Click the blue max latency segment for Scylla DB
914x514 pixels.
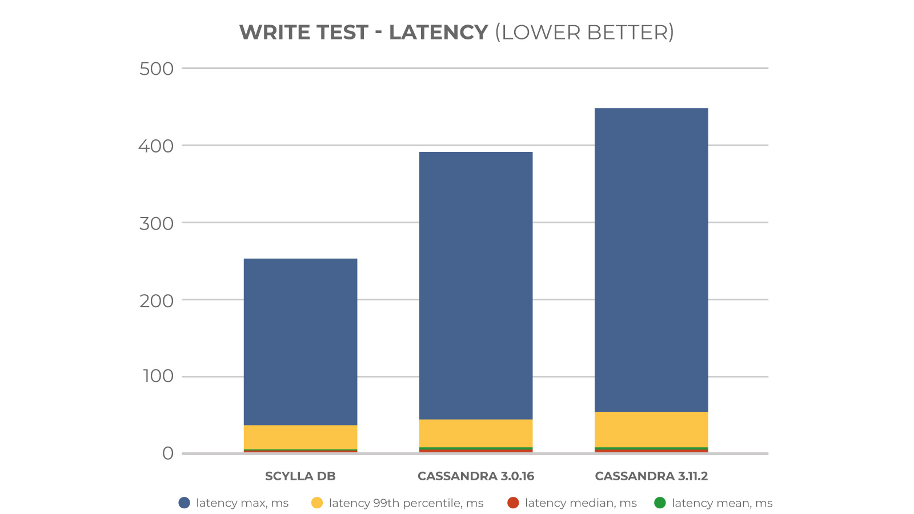coord(300,342)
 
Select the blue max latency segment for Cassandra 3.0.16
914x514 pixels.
coord(476,286)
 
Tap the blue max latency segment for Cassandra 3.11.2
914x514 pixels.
coord(651,260)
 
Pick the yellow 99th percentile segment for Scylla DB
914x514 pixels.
coord(300,437)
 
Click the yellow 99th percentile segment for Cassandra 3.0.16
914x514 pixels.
coord(476,433)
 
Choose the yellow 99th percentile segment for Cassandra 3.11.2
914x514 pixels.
coord(651,429)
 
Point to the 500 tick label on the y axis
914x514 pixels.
coord(157,69)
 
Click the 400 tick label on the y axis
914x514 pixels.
coord(156,146)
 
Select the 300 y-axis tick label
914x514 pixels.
coord(157,223)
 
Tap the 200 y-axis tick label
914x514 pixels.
coord(157,300)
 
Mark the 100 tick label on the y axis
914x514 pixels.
coord(158,376)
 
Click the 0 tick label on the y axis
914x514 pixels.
coord(167,453)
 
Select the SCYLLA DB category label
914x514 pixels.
coord(300,476)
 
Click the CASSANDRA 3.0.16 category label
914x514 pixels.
coord(476,476)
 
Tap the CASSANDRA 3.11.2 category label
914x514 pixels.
coord(651,476)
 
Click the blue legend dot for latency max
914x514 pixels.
coord(184,503)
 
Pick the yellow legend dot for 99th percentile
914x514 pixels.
coord(317,503)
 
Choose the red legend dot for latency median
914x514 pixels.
coord(513,503)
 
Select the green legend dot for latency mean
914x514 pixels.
coord(660,503)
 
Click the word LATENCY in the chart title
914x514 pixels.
coord(438,33)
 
